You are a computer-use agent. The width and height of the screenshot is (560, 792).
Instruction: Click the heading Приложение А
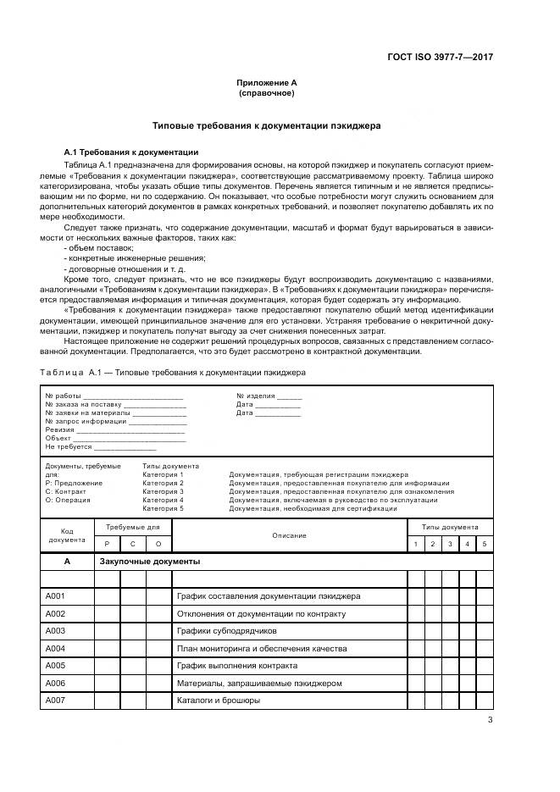click(x=266, y=83)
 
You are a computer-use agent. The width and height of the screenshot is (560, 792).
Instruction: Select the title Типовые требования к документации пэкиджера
click(x=266, y=125)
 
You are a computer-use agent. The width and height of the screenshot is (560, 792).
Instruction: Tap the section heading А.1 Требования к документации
click(x=125, y=152)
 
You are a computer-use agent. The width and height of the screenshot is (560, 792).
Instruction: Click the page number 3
click(x=490, y=720)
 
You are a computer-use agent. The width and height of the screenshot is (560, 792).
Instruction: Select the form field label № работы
click(x=63, y=396)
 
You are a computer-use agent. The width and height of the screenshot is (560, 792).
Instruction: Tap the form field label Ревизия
click(x=60, y=429)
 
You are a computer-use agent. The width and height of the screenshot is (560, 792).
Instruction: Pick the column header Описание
click(x=289, y=535)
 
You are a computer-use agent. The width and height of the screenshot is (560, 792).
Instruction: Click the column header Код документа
click(x=67, y=535)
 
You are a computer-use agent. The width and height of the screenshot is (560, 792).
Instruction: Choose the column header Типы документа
click(x=450, y=527)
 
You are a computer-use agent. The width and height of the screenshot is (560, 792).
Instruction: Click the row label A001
click(x=55, y=596)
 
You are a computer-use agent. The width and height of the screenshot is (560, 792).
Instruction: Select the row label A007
click(x=55, y=701)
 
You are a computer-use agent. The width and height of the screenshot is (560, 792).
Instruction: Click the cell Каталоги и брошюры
click(x=218, y=701)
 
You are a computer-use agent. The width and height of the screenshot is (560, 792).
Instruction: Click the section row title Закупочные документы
click(x=150, y=562)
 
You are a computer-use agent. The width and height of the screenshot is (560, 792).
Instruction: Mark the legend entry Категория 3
click(x=163, y=492)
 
